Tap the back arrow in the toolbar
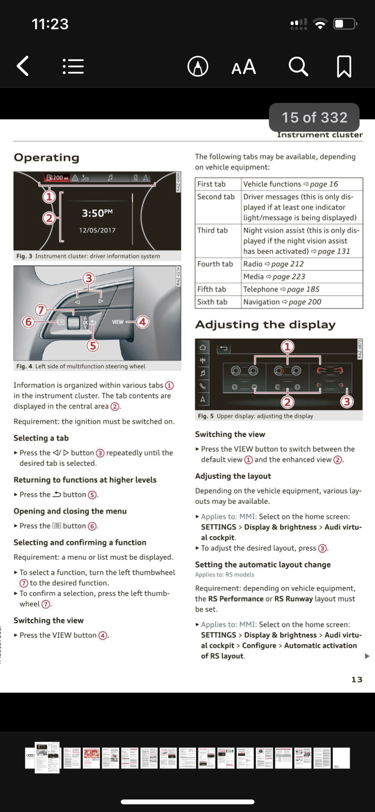[x=23, y=66]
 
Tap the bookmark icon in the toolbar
[x=344, y=66]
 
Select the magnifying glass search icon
[x=298, y=66]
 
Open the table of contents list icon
[x=73, y=66]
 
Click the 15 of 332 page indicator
[x=314, y=117]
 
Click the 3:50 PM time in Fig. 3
[x=97, y=213]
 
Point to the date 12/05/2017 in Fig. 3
[x=97, y=230]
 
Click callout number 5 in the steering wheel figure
[x=93, y=346]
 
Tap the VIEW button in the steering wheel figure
[x=117, y=322]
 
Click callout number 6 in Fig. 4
[x=28, y=322]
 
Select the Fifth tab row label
[x=212, y=289]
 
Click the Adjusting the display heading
[x=265, y=325]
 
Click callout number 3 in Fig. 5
[x=346, y=402]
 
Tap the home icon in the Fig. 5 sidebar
[x=203, y=347]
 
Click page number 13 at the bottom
[x=357, y=679]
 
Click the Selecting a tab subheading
[x=41, y=438]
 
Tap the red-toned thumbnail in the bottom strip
[x=91, y=758]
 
